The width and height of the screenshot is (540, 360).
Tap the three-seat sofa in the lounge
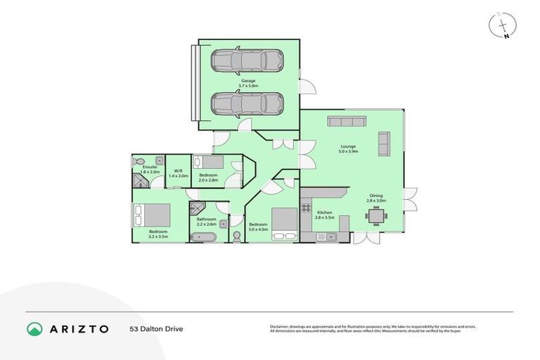pos(345,122)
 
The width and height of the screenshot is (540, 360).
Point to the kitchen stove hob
pos(307,207)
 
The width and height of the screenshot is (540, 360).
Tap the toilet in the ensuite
pos(139,161)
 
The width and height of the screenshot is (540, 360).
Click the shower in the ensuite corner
pos(140,181)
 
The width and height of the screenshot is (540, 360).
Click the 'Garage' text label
pos(247,81)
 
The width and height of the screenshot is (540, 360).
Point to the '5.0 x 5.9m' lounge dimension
pos(348,151)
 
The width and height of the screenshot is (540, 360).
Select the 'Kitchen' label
pos(323,212)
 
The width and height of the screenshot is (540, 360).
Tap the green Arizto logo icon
pos(35,328)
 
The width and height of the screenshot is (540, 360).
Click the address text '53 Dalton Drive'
pos(156,328)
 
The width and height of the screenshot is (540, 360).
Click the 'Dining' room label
pos(377,196)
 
